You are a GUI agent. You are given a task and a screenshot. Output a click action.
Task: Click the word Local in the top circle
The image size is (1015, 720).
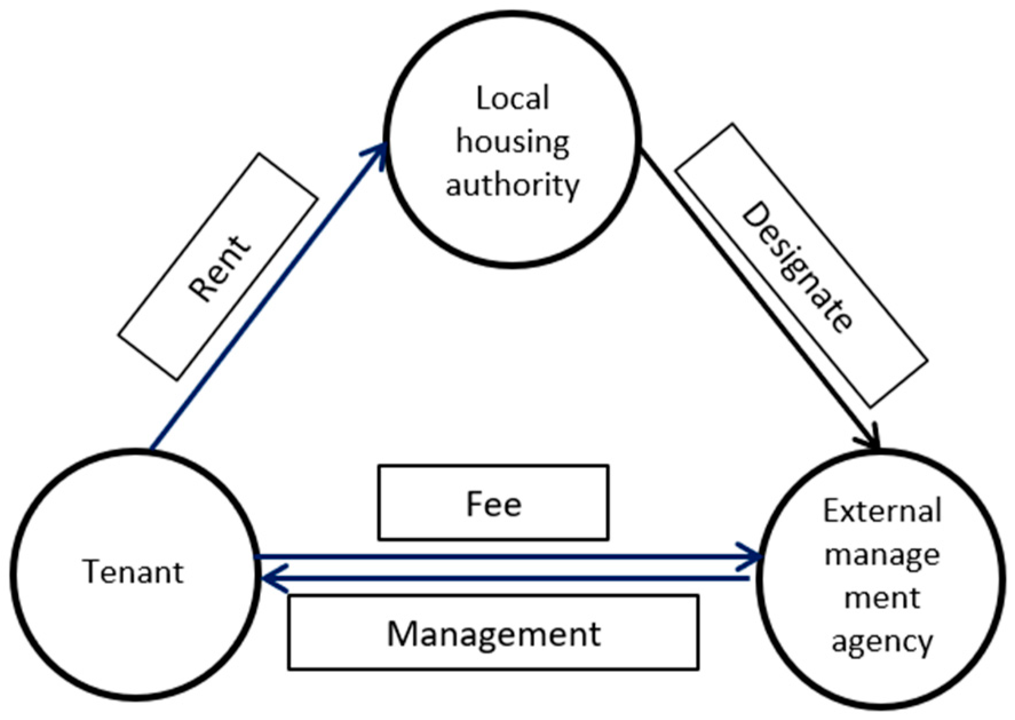pyautogui.click(x=512, y=98)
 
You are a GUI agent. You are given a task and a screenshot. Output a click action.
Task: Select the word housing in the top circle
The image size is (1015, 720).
pyautogui.click(x=512, y=141)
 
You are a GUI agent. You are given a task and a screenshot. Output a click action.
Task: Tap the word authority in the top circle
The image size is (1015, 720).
pyautogui.click(x=512, y=185)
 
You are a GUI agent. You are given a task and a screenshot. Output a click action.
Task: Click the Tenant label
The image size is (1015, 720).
pyautogui.click(x=133, y=571)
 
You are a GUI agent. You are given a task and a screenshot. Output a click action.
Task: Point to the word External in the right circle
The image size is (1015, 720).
pyautogui.click(x=882, y=511)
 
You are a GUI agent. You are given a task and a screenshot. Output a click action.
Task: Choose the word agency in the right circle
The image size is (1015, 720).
pyautogui.click(x=882, y=642)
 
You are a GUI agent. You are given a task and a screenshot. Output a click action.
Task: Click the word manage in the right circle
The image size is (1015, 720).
pyautogui.click(x=882, y=555)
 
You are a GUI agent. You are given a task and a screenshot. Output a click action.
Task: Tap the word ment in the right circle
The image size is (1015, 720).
pyautogui.click(x=882, y=598)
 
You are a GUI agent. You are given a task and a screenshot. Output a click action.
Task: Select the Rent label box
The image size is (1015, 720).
pyautogui.click(x=218, y=267)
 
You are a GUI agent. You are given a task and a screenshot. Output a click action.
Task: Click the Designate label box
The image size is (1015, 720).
pyautogui.click(x=800, y=265)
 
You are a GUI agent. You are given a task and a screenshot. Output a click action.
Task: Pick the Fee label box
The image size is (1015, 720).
pyautogui.click(x=493, y=503)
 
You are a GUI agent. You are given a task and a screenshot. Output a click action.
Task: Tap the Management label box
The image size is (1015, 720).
pyautogui.click(x=493, y=633)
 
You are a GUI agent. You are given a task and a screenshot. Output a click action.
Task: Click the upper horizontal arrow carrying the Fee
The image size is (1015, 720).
pyautogui.click(x=503, y=556)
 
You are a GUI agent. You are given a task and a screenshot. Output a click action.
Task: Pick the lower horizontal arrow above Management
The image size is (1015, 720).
pyautogui.click(x=503, y=579)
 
